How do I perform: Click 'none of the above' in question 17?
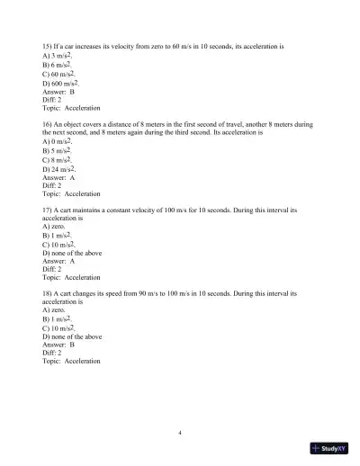click(x=74, y=253)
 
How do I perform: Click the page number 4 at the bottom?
click(x=180, y=434)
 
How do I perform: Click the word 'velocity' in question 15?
click(x=129, y=42)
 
